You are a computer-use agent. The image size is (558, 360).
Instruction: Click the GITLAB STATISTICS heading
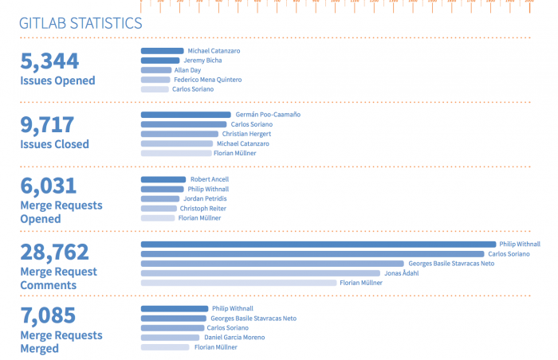(81, 23)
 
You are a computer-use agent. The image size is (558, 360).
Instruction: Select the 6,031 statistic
(48, 186)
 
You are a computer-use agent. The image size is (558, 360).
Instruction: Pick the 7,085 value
(48, 315)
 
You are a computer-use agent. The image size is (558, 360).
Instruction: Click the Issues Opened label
(57, 80)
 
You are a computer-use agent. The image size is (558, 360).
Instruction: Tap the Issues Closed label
(54, 144)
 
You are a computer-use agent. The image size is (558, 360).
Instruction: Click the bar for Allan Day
(156, 70)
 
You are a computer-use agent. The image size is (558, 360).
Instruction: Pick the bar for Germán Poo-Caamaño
(185, 115)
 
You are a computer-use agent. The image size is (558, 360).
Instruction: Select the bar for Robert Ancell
(163, 179)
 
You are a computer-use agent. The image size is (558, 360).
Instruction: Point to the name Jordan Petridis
(209, 198)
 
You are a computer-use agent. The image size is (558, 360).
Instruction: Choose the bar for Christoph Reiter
(159, 208)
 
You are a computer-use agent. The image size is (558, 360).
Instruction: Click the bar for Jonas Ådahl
(261, 273)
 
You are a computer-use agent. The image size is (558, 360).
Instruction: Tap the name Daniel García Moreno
(234, 337)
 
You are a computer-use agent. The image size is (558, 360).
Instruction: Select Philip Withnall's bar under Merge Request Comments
(318, 244)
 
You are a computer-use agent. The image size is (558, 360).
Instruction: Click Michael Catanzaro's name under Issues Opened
(214, 51)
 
